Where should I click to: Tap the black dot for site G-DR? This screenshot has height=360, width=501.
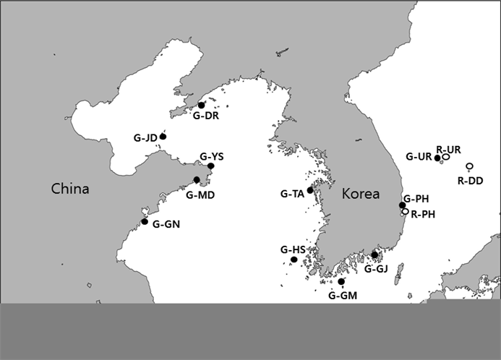(x=201, y=106)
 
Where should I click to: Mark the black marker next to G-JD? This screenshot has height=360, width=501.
(x=163, y=136)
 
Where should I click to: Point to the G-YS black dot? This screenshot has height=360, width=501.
(x=210, y=166)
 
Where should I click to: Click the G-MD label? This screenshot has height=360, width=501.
(x=200, y=194)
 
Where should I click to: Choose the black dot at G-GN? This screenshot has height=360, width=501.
(x=145, y=221)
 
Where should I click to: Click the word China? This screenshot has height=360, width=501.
(x=70, y=189)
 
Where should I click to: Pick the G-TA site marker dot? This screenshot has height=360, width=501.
(x=310, y=190)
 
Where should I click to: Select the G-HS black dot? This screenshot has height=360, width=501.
(x=294, y=260)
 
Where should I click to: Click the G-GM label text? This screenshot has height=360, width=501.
(x=343, y=295)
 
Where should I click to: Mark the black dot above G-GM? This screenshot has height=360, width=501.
(x=341, y=281)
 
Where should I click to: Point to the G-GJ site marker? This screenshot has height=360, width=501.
(x=374, y=254)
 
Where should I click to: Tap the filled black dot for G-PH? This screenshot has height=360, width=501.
(x=403, y=206)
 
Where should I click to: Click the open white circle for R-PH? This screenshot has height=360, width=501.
(x=405, y=212)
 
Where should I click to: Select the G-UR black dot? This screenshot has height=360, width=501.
(x=437, y=158)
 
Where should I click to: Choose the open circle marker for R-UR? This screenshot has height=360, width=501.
(x=446, y=156)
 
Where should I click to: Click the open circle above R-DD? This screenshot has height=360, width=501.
(x=469, y=166)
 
